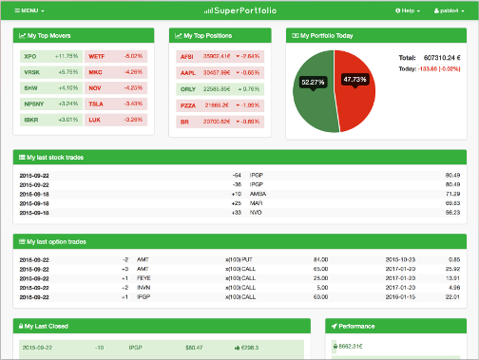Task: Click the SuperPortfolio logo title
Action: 239,9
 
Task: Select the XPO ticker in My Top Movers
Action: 30,57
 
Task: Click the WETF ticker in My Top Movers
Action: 96,57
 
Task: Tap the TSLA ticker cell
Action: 96,104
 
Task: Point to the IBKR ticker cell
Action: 32,120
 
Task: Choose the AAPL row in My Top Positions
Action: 187,72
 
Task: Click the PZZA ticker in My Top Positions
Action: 187,104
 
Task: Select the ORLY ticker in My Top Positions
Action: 187,88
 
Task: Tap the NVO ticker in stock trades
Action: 257,212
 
